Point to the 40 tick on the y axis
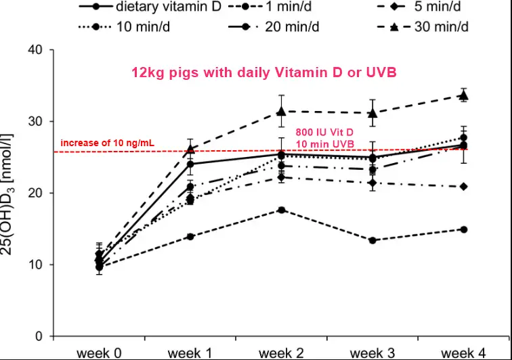(36, 50)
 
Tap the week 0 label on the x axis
(99, 353)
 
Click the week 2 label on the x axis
(280, 353)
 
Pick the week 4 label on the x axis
(464, 353)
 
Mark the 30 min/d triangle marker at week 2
(281, 111)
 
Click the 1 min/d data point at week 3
(372, 240)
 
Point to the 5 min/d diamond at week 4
(464, 186)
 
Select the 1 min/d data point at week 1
(190, 236)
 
